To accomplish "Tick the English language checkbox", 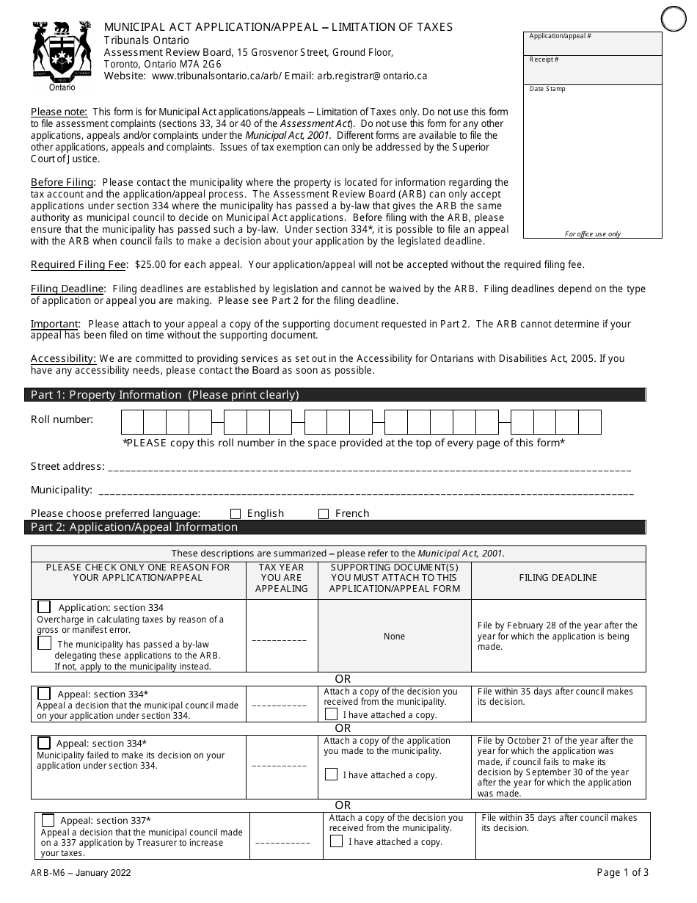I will click(x=236, y=514).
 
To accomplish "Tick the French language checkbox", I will click(x=324, y=514).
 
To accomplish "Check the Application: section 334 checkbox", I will click(x=45, y=607).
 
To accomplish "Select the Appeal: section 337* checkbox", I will click(x=48, y=820).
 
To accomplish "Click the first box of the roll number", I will click(x=132, y=422).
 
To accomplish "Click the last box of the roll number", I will click(x=590, y=422).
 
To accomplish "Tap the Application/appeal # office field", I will click(x=593, y=43).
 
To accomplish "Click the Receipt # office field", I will click(x=593, y=70).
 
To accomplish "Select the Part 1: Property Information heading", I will click(x=165, y=395).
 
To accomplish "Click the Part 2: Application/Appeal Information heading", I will click(x=134, y=527).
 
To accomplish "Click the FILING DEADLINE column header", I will click(x=558, y=578).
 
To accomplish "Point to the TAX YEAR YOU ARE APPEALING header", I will click(x=282, y=578).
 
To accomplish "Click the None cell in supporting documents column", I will click(x=394, y=637).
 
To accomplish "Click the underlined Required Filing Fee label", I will click(x=79, y=264).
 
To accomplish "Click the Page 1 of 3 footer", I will click(x=622, y=873).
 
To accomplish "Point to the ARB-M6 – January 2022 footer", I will click(x=81, y=874).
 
